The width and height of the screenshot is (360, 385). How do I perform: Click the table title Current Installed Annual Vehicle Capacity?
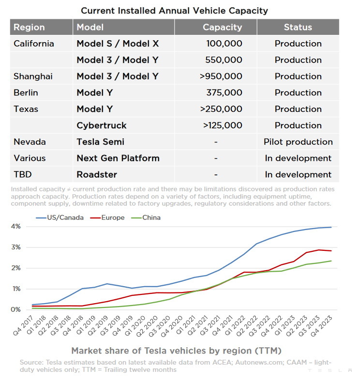[x=174, y=10]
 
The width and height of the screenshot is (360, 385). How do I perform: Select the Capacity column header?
[x=222, y=27]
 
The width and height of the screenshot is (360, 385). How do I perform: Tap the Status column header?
[x=298, y=27]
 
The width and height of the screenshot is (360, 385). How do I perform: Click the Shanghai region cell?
[x=33, y=76]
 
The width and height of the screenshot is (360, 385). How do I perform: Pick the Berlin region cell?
[x=26, y=92]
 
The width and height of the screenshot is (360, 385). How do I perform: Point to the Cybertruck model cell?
[x=102, y=125]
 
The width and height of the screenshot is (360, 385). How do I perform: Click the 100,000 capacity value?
[x=224, y=44]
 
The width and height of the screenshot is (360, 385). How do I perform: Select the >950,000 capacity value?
[x=221, y=76]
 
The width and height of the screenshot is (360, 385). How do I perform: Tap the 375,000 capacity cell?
[x=224, y=92]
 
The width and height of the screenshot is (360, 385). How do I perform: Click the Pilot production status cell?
[x=298, y=142]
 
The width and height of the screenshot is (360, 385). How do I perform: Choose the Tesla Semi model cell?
[x=101, y=142]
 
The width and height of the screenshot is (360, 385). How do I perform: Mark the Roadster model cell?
[x=97, y=174]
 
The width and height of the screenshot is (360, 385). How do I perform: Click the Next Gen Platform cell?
[x=118, y=158]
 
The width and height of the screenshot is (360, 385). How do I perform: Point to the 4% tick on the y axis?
[x=16, y=226]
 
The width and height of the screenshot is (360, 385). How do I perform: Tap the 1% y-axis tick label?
[x=16, y=289]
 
